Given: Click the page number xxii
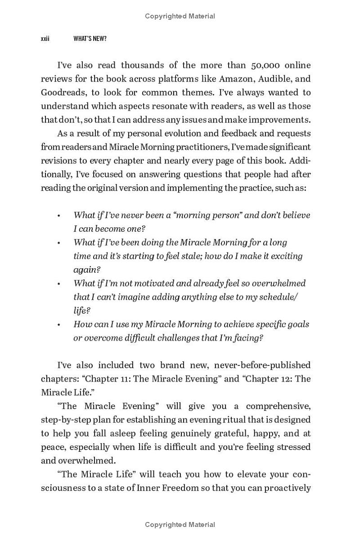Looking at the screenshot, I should [45, 39].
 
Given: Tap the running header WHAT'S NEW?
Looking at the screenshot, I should [90, 39].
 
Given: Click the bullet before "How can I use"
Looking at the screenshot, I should [58, 324].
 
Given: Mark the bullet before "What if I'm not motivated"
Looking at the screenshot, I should [58, 283].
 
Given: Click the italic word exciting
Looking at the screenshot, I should [285, 256].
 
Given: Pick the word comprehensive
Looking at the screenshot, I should [272, 406].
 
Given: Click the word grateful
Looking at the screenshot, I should [241, 433].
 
